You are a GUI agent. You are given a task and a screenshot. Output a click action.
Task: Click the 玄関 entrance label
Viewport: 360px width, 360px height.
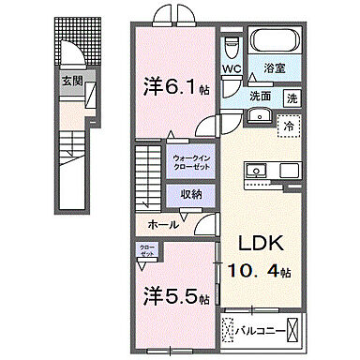point(73,82)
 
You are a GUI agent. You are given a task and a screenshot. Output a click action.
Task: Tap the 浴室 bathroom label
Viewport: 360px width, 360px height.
point(275,68)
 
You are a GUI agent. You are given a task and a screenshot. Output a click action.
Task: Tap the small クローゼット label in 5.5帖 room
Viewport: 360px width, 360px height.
point(147,252)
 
